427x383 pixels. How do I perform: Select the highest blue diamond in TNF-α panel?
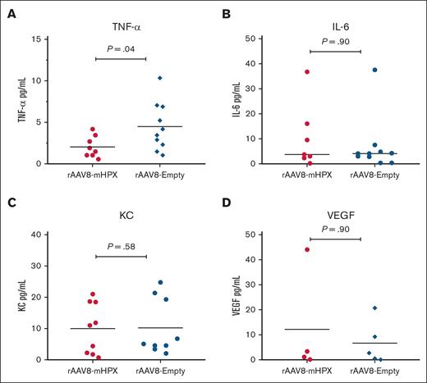(161, 78)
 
